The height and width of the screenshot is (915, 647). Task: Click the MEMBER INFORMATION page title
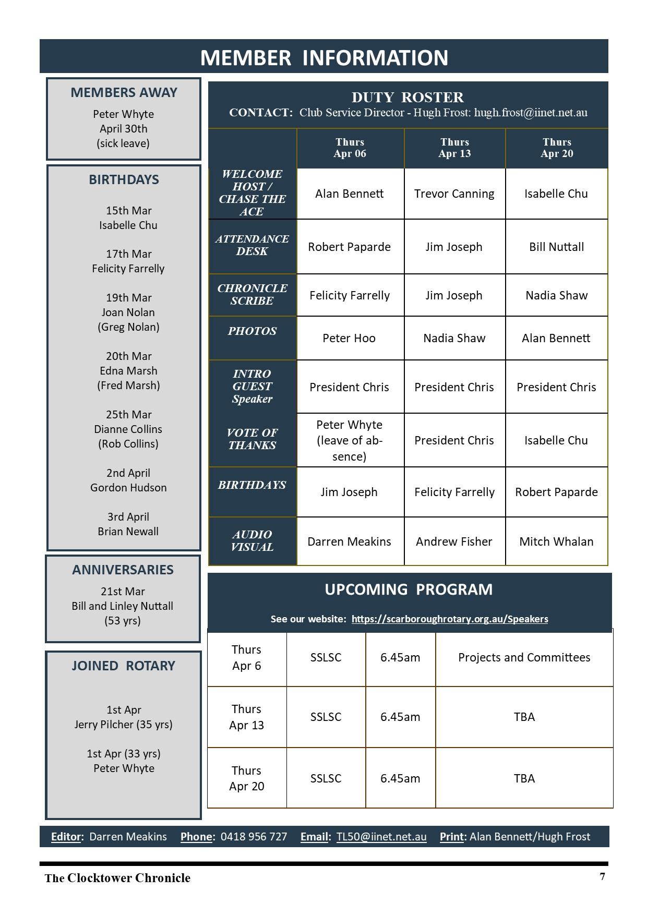click(x=324, y=57)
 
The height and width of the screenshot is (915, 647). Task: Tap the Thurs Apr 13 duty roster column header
click(x=454, y=148)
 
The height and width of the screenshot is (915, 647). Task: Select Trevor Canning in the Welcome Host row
click(x=454, y=194)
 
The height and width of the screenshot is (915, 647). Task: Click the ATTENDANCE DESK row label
click(x=252, y=245)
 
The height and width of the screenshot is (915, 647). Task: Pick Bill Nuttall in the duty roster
click(x=556, y=247)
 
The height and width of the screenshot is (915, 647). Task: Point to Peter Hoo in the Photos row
click(x=349, y=338)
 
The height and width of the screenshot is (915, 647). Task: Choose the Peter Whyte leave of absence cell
click(x=349, y=440)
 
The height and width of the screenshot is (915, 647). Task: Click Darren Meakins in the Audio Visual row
click(x=349, y=541)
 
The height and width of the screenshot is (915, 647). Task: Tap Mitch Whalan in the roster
click(x=556, y=541)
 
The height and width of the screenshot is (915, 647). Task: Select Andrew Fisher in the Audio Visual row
click(x=454, y=541)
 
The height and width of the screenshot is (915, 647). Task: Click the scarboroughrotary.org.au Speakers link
click(x=449, y=619)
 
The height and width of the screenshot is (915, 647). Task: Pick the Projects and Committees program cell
click(x=524, y=657)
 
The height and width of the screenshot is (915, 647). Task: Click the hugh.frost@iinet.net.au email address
click(x=530, y=113)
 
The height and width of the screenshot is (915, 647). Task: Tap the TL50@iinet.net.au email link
click(x=381, y=837)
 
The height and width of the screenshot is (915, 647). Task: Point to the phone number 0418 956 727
click(x=254, y=837)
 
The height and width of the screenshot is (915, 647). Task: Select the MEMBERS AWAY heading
click(x=124, y=92)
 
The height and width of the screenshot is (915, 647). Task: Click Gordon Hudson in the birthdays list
click(x=128, y=488)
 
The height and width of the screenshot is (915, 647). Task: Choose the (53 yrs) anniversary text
click(x=123, y=621)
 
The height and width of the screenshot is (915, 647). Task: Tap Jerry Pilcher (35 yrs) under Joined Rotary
click(x=123, y=725)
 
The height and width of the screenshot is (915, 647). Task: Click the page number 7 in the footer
click(x=602, y=876)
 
